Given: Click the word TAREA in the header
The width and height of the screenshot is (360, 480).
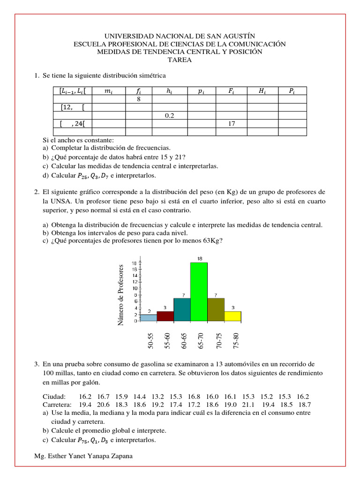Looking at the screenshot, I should [180, 60].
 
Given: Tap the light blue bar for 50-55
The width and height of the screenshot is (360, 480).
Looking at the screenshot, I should [148, 318].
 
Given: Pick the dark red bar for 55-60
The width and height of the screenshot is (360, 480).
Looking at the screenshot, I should [165, 316].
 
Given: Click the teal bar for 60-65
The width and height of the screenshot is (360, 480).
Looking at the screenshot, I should [182, 309].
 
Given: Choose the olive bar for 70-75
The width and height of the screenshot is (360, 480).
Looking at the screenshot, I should [216, 309].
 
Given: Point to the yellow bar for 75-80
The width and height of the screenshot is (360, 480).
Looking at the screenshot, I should [232, 316].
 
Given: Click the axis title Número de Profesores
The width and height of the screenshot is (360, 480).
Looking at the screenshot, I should [121, 295].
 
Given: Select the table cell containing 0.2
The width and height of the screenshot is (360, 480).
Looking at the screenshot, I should [170, 115].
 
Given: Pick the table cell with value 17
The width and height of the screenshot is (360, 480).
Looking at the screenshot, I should [231, 124].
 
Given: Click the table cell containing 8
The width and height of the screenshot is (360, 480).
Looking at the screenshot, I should [139, 99].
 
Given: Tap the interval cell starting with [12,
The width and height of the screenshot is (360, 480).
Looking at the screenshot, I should [72, 107].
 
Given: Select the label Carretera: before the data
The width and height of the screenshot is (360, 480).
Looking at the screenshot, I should [57, 404].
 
